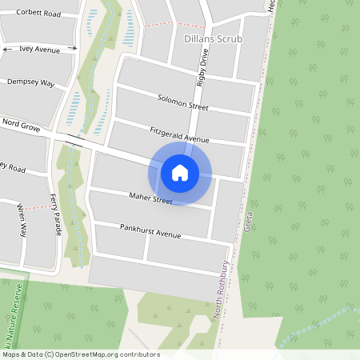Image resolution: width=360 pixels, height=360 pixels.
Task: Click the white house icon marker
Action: tap(180, 172)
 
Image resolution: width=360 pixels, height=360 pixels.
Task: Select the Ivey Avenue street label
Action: tap(40, 50)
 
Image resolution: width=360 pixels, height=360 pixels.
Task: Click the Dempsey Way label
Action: tap(30, 82)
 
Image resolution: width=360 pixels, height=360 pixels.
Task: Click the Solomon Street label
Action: tap(182, 102)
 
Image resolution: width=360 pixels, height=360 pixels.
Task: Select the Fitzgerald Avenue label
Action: tap(179, 134)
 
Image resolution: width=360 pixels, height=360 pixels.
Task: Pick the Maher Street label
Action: tap(150, 198)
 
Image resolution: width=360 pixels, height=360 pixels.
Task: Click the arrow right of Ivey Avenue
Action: tap(72, 50)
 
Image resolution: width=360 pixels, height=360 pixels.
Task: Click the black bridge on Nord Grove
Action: tap(77, 139)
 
